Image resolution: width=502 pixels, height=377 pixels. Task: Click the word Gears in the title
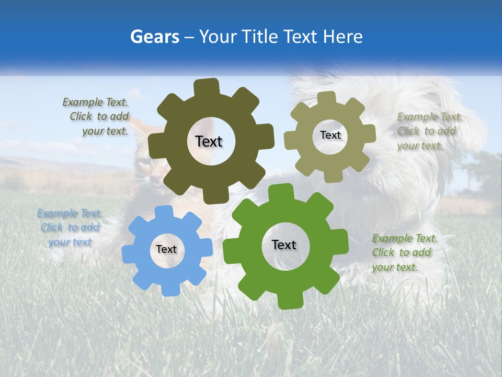(154, 37)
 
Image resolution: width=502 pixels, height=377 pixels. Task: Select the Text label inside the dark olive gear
(209, 141)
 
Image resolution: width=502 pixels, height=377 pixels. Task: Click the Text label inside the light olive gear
(330, 135)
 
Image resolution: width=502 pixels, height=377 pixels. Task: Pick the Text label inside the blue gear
(166, 249)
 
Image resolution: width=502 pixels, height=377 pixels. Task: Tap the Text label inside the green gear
(284, 245)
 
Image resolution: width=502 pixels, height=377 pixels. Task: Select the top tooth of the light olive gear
(327, 98)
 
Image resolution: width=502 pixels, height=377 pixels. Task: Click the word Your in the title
(219, 37)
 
